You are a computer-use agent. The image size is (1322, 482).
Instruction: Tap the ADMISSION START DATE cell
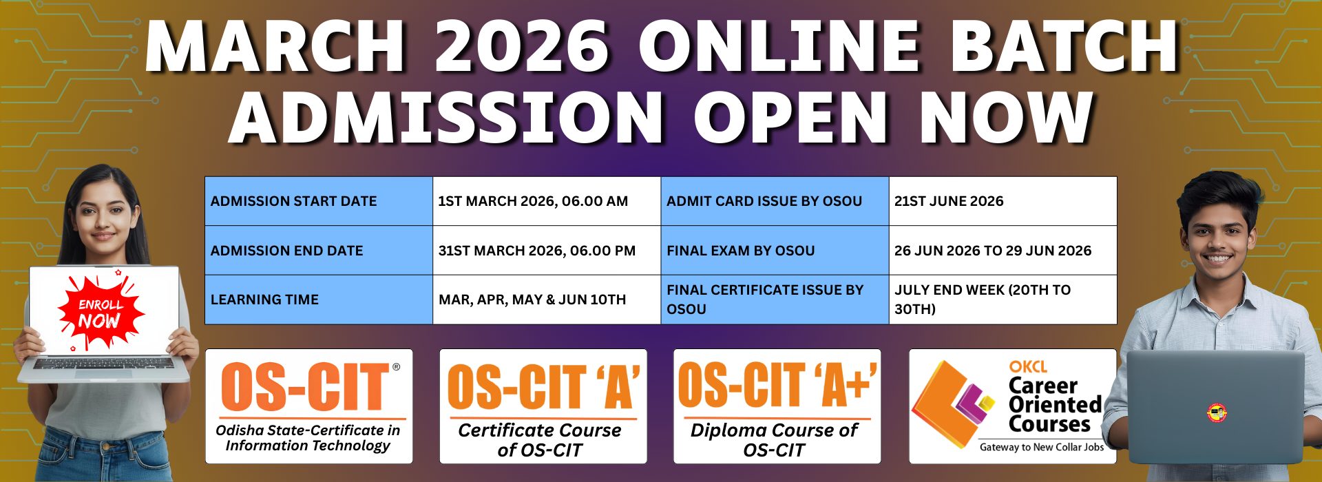(319, 201)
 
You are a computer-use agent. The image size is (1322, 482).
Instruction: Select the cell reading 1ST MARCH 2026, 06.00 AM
(547, 201)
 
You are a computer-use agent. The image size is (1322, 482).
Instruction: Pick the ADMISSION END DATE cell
(319, 251)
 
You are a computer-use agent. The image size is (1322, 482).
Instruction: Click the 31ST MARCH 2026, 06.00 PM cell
(547, 251)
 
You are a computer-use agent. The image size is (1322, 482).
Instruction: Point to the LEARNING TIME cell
(319, 300)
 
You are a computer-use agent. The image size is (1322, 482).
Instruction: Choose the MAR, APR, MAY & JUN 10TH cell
(547, 300)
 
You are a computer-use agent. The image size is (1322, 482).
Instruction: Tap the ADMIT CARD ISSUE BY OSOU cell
(775, 201)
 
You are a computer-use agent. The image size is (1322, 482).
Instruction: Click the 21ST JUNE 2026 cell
(1003, 201)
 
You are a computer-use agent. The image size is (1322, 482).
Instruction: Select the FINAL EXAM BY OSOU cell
(775, 251)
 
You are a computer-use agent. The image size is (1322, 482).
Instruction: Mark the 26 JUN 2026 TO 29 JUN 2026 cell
(1003, 251)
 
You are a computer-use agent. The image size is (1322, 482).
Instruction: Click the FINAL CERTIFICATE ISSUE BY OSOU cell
(775, 300)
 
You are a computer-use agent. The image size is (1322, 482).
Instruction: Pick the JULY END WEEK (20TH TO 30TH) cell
(1003, 300)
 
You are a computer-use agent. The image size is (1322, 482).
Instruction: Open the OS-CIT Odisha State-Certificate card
(309, 406)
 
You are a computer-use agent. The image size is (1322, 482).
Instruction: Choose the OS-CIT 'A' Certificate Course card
(543, 406)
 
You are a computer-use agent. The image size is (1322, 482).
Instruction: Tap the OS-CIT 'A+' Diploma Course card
(777, 406)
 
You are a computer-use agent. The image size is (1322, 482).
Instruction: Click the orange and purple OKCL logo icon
(954, 399)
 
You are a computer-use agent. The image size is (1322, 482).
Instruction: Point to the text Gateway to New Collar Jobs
(1042, 447)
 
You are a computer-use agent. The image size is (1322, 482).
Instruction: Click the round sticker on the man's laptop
(1217, 412)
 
